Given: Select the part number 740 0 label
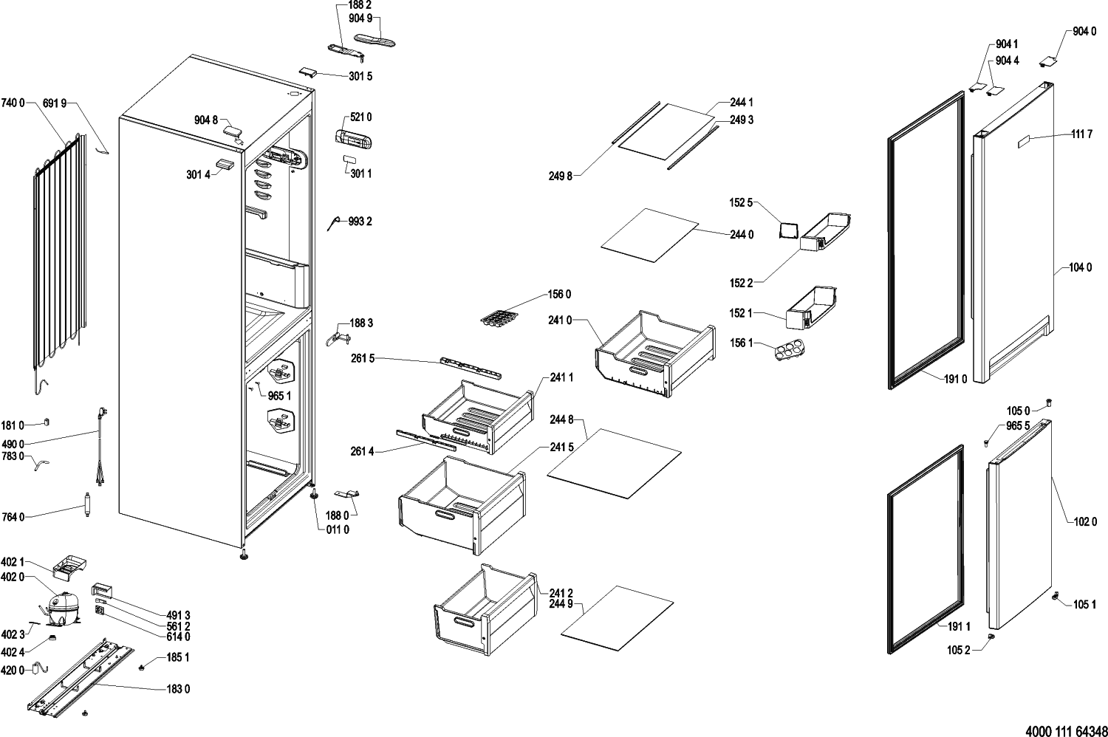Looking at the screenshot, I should pyautogui.click(x=13, y=103).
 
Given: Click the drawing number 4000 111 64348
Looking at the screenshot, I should pyautogui.click(x=1066, y=730).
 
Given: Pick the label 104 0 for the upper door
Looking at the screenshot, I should pyautogui.click(x=1079, y=267).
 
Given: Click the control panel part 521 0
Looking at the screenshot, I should pyautogui.click(x=353, y=138).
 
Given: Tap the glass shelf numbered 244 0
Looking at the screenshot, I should pyautogui.click(x=649, y=235).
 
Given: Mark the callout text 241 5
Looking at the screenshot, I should pyautogui.click(x=561, y=447).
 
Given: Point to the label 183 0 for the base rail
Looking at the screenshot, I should pyautogui.click(x=178, y=689).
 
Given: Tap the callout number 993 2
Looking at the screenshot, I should pyautogui.click(x=360, y=222).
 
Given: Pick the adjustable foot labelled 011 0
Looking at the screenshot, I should pyautogui.click(x=313, y=493).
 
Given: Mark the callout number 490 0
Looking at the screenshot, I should pyautogui.click(x=13, y=444).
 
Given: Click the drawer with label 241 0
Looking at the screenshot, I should pyautogui.click(x=654, y=352).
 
